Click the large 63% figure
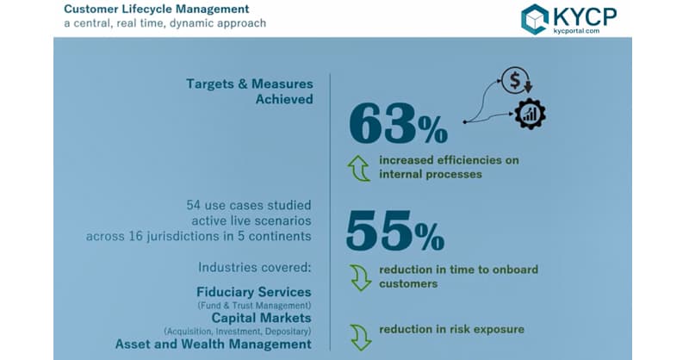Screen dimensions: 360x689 tap(398, 125)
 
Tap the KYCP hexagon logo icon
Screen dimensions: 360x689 tap(535, 19)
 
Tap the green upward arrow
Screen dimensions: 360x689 tap(360, 167)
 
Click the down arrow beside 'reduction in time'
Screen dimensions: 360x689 tap(360, 276)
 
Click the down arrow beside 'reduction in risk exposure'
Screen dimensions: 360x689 tap(360, 335)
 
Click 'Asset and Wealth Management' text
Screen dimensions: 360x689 tap(214, 344)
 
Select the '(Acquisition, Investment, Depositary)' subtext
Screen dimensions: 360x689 tap(238, 331)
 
